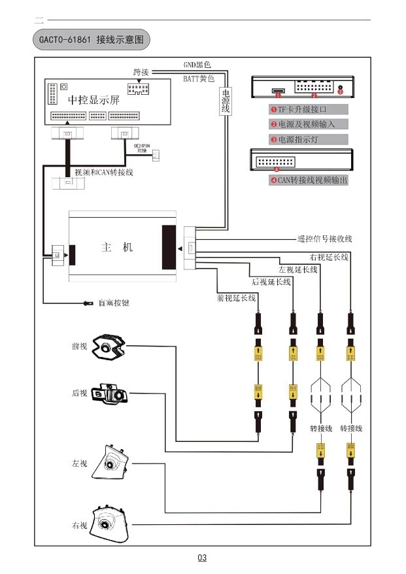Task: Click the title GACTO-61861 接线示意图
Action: (x=91, y=40)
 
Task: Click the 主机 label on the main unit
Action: (x=117, y=247)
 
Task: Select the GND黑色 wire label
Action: (x=197, y=65)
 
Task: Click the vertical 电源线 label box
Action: (x=226, y=101)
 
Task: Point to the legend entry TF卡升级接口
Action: (x=307, y=110)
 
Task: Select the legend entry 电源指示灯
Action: (x=304, y=139)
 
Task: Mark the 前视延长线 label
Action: (x=236, y=297)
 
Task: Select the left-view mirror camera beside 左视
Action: (x=109, y=464)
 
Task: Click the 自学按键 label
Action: (x=114, y=303)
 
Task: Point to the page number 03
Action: (x=202, y=558)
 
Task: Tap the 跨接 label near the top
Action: (x=141, y=71)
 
